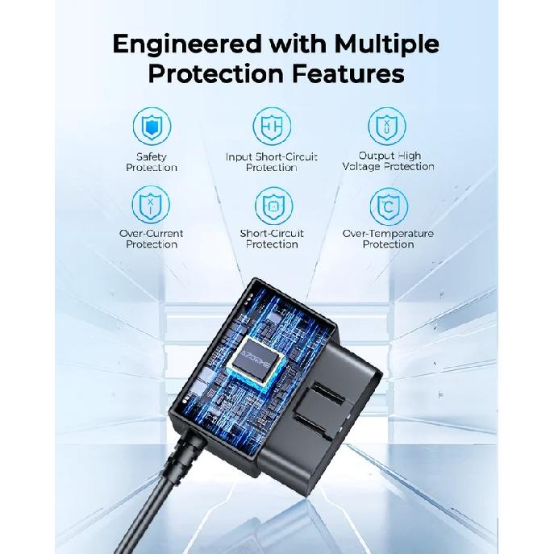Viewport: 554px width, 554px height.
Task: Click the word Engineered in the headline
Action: pyautogui.click(x=186, y=45)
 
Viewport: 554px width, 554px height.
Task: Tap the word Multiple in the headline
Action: pyautogui.click(x=386, y=45)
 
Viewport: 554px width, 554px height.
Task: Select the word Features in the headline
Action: pyautogui.click(x=348, y=74)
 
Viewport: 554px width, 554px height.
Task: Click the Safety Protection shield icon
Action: pyautogui.click(x=152, y=126)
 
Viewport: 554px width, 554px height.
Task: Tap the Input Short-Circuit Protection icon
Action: pyautogui.click(x=272, y=126)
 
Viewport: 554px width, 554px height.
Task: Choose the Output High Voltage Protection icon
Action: pyautogui.click(x=387, y=126)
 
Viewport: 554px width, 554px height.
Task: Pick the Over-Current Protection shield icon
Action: pyautogui.click(x=151, y=205)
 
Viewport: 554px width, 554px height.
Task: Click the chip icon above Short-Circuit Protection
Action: pyautogui.click(x=274, y=206)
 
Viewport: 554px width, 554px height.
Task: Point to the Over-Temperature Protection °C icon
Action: pyautogui.click(x=389, y=206)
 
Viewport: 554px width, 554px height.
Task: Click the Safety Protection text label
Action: pyautogui.click(x=152, y=162)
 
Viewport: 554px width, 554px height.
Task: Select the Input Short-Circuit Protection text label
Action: pyautogui.click(x=271, y=162)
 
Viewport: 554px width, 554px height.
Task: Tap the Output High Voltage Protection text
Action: pyautogui.click(x=389, y=161)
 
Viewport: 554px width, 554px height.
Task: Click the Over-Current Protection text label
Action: pyautogui.click(x=152, y=239)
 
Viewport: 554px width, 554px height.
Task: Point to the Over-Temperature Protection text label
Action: pyautogui.click(x=388, y=239)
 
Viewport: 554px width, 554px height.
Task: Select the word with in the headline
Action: pyautogui.click(x=297, y=44)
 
